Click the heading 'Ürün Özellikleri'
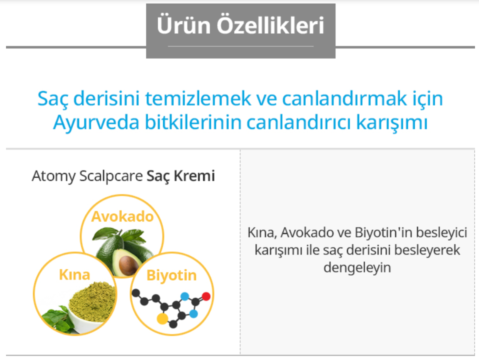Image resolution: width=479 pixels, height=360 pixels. coord(240,25)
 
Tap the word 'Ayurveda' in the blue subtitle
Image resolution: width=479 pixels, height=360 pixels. coord(96,123)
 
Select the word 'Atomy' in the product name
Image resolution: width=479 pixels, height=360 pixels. coord(53,176)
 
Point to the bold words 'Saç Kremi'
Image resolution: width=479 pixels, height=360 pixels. coord(181,176)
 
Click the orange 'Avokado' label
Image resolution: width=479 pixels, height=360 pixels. coord(122,216)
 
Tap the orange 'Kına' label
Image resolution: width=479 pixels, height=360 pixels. coord(74,274)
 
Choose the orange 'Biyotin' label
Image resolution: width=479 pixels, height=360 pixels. coord(171,275)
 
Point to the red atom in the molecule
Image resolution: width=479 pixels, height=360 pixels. coord(206,296)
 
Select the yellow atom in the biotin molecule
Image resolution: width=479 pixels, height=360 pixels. coord(162,318)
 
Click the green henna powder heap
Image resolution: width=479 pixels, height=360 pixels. coord(93,301)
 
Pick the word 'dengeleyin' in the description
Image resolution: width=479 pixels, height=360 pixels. coord(357,268)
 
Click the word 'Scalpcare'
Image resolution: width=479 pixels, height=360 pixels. coord(111,176)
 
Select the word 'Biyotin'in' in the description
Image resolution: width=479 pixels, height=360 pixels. coord(383,233)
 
